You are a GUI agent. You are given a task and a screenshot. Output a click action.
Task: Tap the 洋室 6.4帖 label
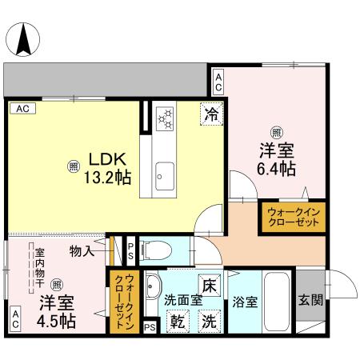pyautogui.click(x=277, y=158)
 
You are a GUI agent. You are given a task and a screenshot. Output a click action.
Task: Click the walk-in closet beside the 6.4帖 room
pyautogui.click(x=291, y=218)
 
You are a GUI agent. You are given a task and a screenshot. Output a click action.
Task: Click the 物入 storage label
pyautogui.click(x=82, y=251)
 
